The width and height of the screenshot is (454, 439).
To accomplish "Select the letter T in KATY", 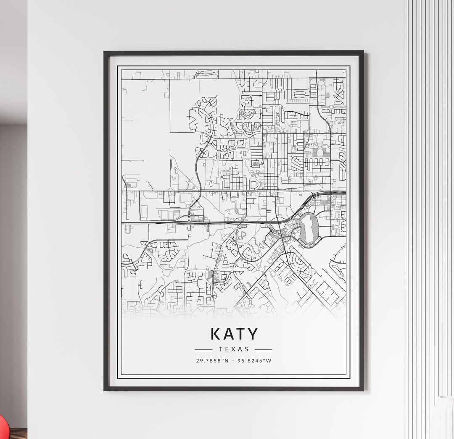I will click(x=241, y=334).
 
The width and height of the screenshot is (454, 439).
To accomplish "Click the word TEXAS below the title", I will click(x=234, y=349).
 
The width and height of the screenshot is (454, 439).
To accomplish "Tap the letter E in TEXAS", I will click(x=227, y=349).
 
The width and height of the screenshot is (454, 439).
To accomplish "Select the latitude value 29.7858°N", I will click(x=212, y=361).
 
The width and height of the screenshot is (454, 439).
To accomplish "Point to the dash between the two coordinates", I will click(x=234, y=361).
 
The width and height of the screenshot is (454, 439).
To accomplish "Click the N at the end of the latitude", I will click(x=227, y=361).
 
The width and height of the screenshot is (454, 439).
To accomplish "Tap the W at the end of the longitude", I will click(x=269, y=361).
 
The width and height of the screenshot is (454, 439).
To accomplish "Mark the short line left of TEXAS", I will click(x=204, y=349).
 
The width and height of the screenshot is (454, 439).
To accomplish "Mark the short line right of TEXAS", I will click(x=264, y=349).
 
